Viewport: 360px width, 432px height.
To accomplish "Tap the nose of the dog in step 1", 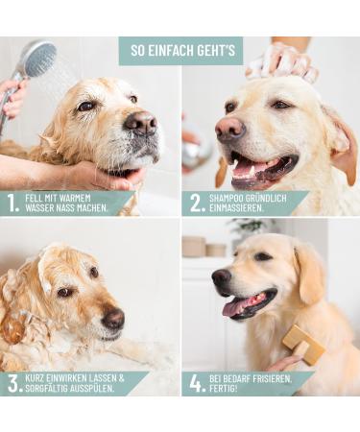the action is point(141,122).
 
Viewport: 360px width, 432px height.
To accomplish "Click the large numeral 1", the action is point(12,203).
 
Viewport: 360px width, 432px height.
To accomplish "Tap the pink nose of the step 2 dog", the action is point(230,129).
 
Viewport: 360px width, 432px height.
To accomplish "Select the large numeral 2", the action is point(196,203).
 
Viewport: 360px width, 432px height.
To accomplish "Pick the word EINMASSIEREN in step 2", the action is point(236,208).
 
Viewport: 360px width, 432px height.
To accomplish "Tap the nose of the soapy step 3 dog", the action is point(113,318).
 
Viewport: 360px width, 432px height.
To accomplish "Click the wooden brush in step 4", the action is point(303,344).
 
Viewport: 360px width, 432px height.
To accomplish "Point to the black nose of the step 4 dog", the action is point(222,277).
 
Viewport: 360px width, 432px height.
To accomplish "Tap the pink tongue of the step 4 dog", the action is point(234,307).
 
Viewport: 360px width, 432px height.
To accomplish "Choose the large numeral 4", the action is point(196,383).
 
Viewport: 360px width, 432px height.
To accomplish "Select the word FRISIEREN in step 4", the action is point(272,379).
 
